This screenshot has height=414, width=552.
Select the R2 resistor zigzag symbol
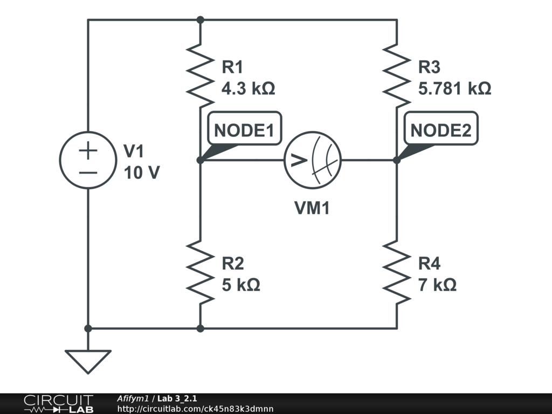[200, 272]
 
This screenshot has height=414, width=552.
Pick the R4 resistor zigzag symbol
[397, 272]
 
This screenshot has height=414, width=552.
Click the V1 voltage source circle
[88, 160]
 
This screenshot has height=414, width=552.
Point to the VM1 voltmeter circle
[313, 160]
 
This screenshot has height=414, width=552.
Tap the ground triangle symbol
[88, 361]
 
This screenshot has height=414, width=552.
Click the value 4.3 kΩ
[249, 88]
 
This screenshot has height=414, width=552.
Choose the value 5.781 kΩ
[454, 88]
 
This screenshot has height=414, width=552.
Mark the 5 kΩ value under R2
[241, 285]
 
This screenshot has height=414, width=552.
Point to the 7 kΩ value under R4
[437, 285]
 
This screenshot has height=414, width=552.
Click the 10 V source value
[141, 173]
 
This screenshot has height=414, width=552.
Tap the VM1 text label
[312, 208]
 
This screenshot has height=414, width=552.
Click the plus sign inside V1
[88, 150]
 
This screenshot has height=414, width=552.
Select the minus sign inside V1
[88, 172]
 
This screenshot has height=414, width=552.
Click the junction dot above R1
[200, 20]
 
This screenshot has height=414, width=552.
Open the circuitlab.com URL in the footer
[195, 409]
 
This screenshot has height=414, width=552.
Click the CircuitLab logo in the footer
[58, 404]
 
